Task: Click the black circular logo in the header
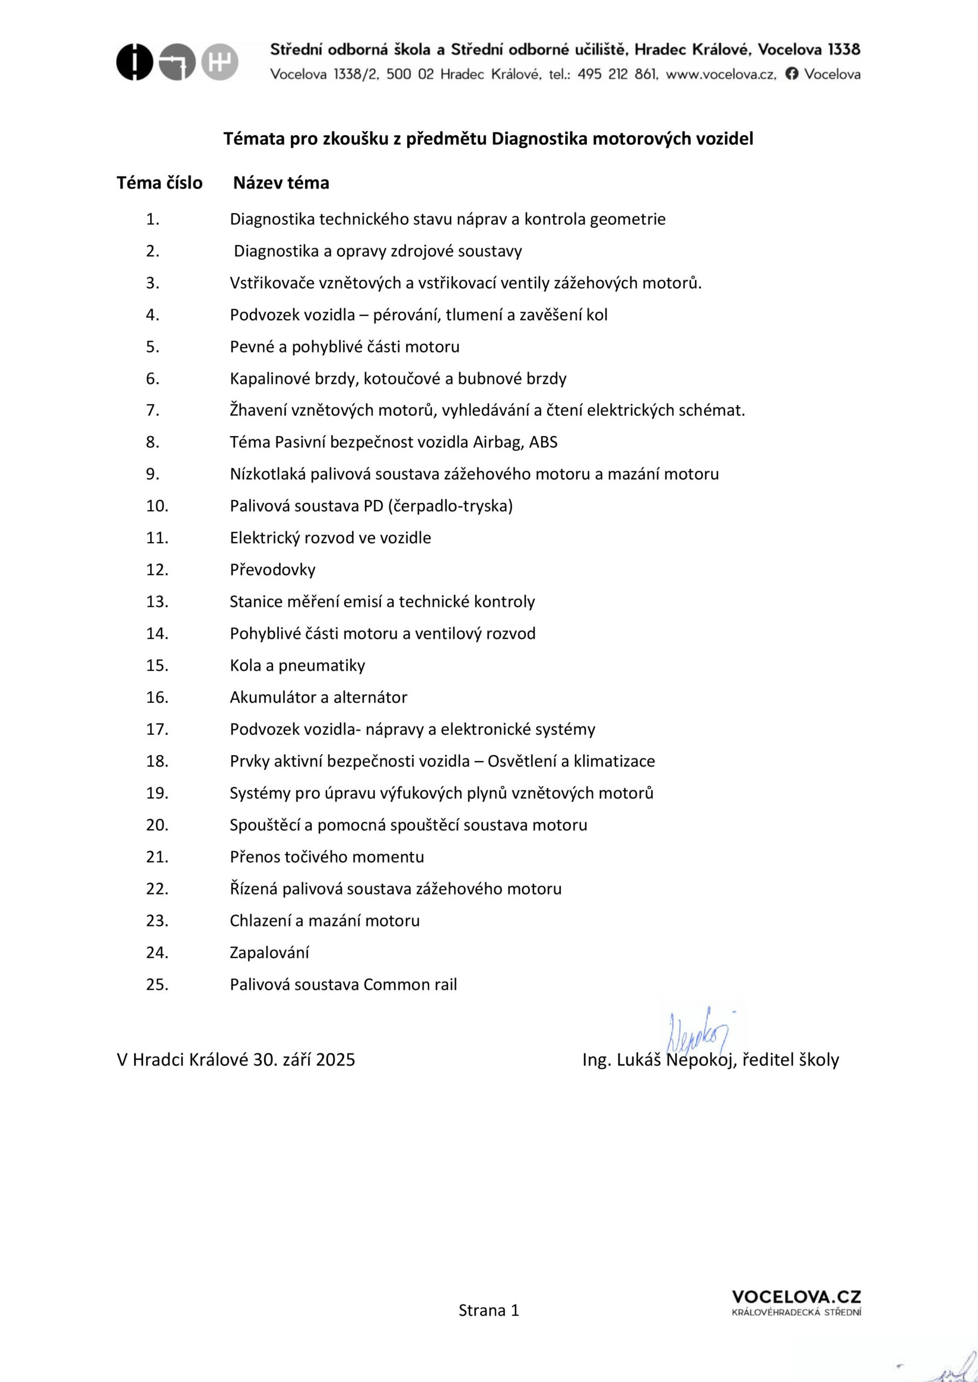135,62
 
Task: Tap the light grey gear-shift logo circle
220,62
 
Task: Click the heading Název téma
281,183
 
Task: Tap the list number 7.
152,410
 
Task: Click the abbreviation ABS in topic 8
543,443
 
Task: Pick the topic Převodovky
272,570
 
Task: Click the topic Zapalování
269,953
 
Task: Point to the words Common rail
410,985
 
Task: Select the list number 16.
157,697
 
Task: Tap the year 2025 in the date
335,1060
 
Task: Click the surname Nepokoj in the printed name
701,1060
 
